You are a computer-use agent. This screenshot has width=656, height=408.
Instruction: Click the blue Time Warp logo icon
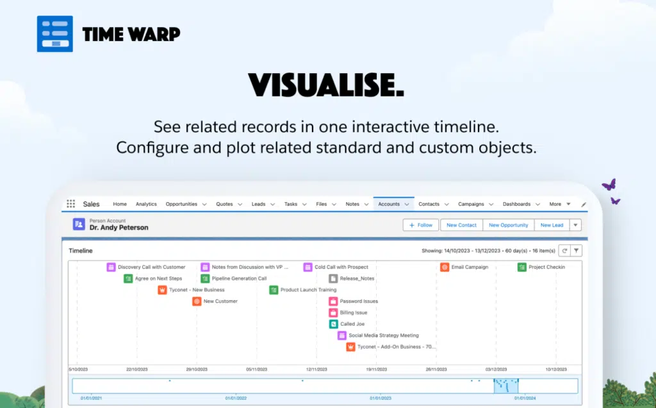coord(55,34)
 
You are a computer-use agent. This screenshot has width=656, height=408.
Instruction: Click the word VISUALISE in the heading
coord(323,85)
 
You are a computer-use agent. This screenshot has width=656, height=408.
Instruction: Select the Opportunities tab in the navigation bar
coord(181,204)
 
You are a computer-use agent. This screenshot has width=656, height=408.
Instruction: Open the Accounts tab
coord(389,204)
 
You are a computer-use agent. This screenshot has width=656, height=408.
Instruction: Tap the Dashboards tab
coord(517,204)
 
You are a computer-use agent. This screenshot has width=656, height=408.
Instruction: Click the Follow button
coord(421,225)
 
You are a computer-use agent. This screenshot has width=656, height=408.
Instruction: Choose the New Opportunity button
coord(508,225)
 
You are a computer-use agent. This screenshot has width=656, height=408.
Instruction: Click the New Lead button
coord(552,225)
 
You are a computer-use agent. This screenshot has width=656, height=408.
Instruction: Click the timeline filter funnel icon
coord(576,250)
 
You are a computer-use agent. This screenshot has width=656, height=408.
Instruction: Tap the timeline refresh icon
coord(564,250)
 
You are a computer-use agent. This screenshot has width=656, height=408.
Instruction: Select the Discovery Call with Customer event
coord(146,267)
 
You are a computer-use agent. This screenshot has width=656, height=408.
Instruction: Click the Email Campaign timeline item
coord(464,267)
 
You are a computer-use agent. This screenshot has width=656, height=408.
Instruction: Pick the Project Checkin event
coord(541,267)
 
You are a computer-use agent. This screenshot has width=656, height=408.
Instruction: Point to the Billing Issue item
coord(348,312)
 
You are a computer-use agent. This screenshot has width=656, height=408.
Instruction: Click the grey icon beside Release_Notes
coord(333,278)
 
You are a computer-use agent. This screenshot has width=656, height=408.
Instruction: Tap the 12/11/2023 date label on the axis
coord(316,370)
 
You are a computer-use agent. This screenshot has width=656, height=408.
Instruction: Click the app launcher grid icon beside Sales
coord(70,203)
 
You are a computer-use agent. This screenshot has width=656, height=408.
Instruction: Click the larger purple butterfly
coord(609,184)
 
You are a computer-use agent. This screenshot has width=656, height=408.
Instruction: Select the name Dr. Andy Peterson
coord(119,228)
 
